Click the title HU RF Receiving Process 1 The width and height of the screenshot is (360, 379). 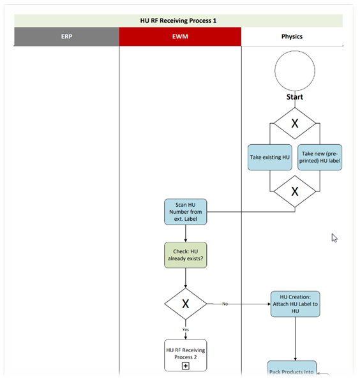pyautogui.click(x=178, y=21)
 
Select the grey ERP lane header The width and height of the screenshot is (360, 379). pyautogui.click(x=66, y=36)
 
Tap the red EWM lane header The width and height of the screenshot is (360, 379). pyautogui.click(x=180, y=36)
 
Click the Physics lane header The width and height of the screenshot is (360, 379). pyautogui.click(x=292, y=36)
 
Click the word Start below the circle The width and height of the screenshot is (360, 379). pyautogui.click(x=295, y=97)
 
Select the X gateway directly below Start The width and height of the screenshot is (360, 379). pyautogui.click(x=295, y=123)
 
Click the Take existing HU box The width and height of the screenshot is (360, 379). pyautogui.click(x=270, y=158)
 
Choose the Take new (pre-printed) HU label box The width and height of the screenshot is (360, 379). pyautogui.click(x=320, y=158)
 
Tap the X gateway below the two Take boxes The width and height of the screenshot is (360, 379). pyautogui.click(x=295, y=191)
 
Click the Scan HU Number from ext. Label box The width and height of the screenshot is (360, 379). pyautogui.click(x=186, y=212)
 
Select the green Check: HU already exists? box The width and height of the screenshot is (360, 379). pyautogui.click(x=186, y=255)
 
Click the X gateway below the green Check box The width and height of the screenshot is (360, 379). pyautogui.click(x=186, y=304)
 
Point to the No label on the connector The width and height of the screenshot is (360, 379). pyautogui.click(x=225, y=304)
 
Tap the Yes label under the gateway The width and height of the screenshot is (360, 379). pyautogui.click(x=186, y=330)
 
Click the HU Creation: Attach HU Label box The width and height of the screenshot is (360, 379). pyautogui.click(x=295, y=304)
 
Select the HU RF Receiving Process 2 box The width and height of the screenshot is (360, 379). pyautogui.click(x=186, y=355)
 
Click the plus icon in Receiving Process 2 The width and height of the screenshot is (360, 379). pyautogui.click(x=186, y=366)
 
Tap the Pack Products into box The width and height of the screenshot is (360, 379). pyautogui.click(x=292, y=369)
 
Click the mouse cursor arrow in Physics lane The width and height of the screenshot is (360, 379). pyautogui.click(x=334, y=237)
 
